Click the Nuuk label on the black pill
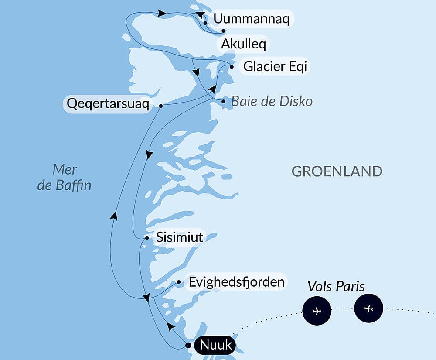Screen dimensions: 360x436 click(215, 346)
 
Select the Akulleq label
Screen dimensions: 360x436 click(243, 44)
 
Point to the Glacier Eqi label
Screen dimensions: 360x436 click(275, 67)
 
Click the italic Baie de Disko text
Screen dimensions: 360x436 click(272, 101)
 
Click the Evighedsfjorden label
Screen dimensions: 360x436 click(236, 282)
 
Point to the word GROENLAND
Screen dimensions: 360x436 click(337, 171)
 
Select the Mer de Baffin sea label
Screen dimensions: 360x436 click(65, 177)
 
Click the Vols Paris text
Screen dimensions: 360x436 click(336, 286)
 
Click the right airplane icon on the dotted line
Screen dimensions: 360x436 click(369, 309)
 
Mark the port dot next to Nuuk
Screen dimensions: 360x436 click(188, 345)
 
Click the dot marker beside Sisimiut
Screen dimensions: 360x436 click(147, 238)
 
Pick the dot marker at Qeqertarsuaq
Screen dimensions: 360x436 click(161, 106)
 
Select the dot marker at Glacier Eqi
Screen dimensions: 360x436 click(232, 67)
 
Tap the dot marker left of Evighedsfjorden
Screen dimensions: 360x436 click(179, 282)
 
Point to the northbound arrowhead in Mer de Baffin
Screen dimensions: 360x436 click(113, 215)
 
